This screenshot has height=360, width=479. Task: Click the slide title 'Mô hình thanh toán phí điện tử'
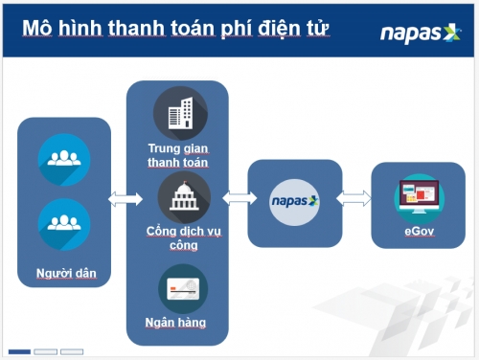coord(176,29)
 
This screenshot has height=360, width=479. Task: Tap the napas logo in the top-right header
coord(421,33)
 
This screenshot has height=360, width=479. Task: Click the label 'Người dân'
coord(64,275)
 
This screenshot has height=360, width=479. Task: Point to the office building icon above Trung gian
coord(178,113)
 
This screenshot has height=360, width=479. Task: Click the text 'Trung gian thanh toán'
coord(178,155)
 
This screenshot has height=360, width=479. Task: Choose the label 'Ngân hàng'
coord(178,323)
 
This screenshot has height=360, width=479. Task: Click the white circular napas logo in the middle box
coord(294,201)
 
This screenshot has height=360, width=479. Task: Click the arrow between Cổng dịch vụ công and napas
coord(236,199)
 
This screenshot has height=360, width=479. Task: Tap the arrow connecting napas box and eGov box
coord(355,199)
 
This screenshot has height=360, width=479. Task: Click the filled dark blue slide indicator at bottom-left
coord(19,351)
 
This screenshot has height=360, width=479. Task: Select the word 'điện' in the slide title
coord(269,29)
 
